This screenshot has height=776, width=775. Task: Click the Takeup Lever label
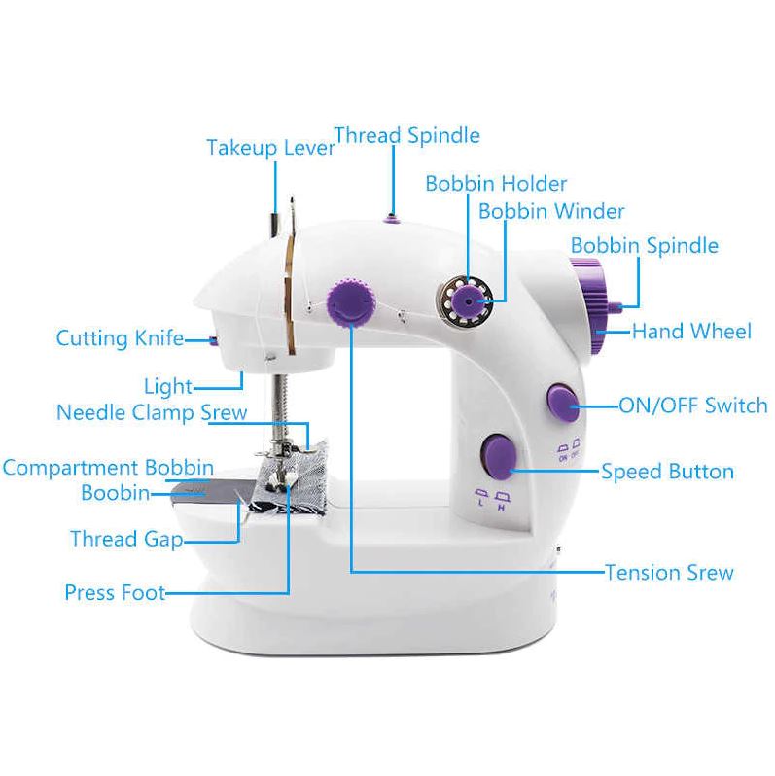(270, 148)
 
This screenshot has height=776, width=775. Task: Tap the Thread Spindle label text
(407, 135)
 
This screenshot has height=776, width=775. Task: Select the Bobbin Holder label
(496, 184)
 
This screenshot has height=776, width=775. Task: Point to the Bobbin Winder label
(551, 211)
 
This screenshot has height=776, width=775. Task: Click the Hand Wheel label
(691, 331)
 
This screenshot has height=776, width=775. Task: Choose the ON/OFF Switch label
(693, 406)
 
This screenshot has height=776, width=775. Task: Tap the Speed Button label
(667, 471)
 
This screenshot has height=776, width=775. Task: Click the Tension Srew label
(669, 573)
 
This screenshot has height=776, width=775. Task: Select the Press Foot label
(115, 592)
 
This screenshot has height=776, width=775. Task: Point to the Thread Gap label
(126, 539)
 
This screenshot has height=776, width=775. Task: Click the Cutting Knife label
(121, 338)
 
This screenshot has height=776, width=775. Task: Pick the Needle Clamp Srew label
(152, 412)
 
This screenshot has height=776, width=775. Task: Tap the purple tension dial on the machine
(351, 301)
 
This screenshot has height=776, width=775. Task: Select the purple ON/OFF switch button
(563, 402)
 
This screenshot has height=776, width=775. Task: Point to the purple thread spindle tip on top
(391, 218)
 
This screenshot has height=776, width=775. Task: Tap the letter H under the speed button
(501, 509)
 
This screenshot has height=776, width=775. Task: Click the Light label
(168, 386)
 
